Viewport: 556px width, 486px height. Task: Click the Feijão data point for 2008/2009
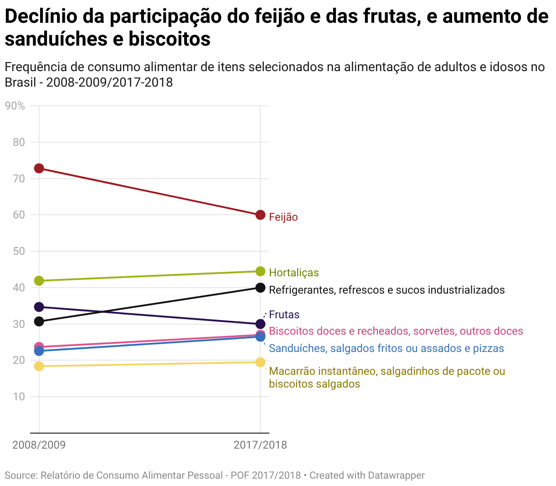click(39, 168)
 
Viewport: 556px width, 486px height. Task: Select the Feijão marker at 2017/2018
click(260, 215)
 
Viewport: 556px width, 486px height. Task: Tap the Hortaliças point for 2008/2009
click(39, 280)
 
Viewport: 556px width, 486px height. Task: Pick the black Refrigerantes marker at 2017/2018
click(260, 288)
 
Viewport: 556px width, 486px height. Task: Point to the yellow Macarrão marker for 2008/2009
click(39, 366)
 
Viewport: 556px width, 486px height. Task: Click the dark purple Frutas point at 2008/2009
click(39, 307)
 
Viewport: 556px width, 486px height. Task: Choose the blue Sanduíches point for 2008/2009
click(39, 351)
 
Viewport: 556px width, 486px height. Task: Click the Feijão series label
click(283, 217)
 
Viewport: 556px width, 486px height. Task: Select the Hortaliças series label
click(293, 273)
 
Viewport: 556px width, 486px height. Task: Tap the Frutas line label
click(284, 315)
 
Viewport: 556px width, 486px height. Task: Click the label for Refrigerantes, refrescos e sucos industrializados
click(386, 290)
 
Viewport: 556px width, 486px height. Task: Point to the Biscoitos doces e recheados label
click(396, 331)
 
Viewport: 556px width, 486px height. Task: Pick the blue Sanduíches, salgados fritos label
click(386, 348)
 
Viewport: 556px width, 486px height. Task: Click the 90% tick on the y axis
click(15, 106)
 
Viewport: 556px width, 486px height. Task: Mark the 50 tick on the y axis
click(19, 251)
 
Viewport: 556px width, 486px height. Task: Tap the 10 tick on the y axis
click(19, 397)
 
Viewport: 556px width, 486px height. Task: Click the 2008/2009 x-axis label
click(39, 445)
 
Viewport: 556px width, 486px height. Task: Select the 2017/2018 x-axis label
click(260, 445)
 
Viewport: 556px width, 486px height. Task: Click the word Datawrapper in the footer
click(396, 476)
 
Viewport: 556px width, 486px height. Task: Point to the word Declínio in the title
click(41, 17)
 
